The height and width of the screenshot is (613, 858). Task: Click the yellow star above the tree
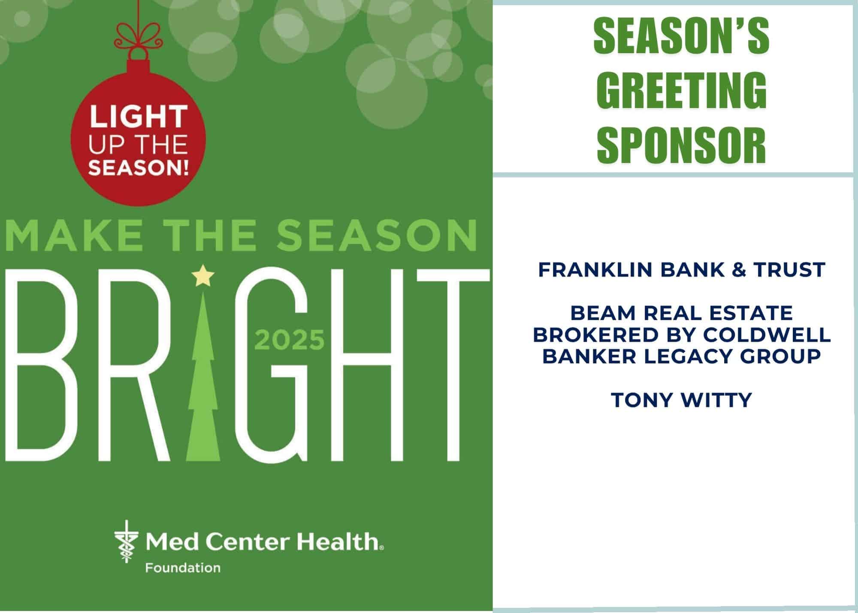point(202,276)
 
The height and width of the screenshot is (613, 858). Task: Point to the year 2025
point(290,340)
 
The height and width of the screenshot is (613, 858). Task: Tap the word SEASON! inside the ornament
point(138,167)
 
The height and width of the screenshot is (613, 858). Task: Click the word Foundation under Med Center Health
point(183,568)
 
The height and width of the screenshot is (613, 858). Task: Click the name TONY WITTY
point(681,400)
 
